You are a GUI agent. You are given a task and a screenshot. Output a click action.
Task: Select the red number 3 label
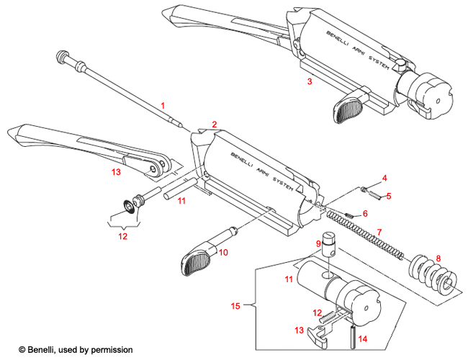(309, 82)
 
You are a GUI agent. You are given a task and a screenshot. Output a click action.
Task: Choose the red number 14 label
(362, 338)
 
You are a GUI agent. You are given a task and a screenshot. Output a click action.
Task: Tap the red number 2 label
(214, 125)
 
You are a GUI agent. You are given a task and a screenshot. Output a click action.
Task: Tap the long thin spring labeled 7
(360, 230)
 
